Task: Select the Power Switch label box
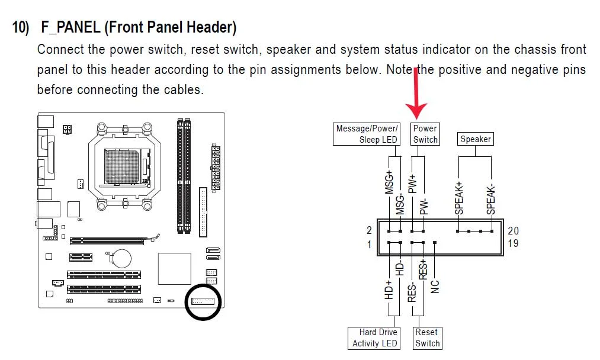[x=425, y=134]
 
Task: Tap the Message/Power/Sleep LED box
[x=367, y=134]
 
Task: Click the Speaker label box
[x=475, y=139]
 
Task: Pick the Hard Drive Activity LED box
[x=374, y=338]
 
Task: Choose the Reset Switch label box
[x=427, y=338]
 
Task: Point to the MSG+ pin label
[x=389, y=182]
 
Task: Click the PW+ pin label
[x=412, y=184]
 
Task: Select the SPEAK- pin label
[x=490, y=199]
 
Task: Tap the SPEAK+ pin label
[x=459, y=198]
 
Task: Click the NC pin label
[x=435, y=287]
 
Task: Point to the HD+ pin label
[x=389, y=290]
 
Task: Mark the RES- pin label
[x=412, y=292]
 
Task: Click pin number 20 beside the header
[x=513, y=231]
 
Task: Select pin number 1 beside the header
[x=369, y=245]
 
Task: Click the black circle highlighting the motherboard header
[x=186, y=302]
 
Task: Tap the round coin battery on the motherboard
[x=122, y=259]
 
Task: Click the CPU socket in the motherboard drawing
[x=125, y=167]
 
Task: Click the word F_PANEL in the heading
[x=71, y=28]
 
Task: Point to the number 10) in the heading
[x=20, y=28]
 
